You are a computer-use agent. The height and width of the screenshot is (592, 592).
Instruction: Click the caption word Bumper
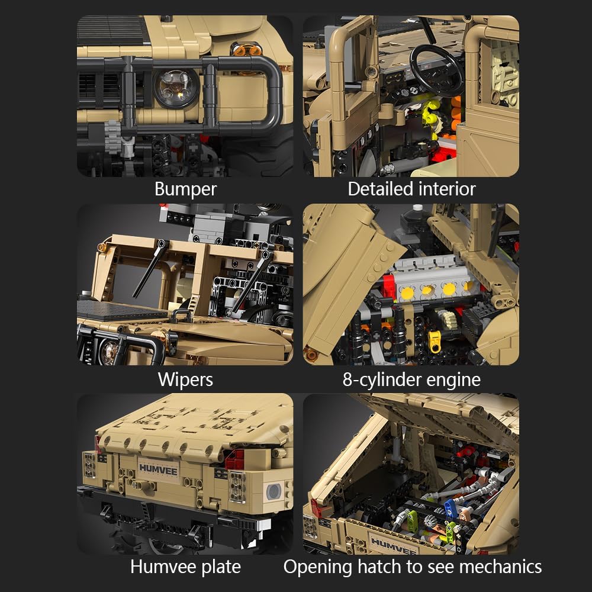pyautogui.click(x=185, y=189)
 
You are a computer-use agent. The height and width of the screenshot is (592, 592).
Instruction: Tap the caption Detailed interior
pyautogui.click(x=411, y=189)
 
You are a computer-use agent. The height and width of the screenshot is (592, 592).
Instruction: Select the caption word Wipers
pyautogui.click(x=185, y=380)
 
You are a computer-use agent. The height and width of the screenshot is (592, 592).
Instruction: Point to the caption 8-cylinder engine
pyautogui.click(x=411, y=380)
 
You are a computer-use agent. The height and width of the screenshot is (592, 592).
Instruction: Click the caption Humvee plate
pyautogui.click(x=185, y=567)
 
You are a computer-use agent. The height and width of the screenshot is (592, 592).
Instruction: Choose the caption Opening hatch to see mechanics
pyautogui.click(x=413, y=567)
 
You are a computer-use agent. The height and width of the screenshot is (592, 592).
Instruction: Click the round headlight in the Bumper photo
pyautogui.click(x=176, y=88)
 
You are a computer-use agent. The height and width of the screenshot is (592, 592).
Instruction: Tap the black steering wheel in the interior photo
pyautogui.click(x=437, y=70)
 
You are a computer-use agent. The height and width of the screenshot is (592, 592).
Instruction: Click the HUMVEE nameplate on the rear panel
pyautogui.click(x=158, y=469)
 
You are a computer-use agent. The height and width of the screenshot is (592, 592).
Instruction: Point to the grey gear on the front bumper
pyautogui.click(x=113, y=137)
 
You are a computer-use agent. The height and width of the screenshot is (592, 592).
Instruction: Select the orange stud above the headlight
pyautogui.click(x=247, y=50)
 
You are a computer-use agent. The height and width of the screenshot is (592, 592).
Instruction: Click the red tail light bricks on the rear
pyautogui.click(x=235, y=460)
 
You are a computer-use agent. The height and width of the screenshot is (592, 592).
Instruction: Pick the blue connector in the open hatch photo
pyautogui.click(x=451, y=508)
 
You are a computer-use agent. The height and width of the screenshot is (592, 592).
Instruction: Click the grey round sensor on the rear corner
pyautogui.click(x=274, y=491)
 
